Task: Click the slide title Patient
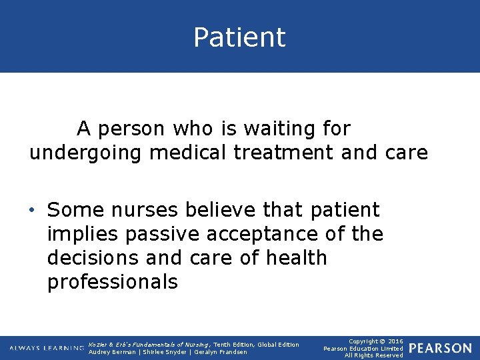pos(239,37)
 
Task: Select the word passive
pos(165,234)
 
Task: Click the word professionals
pos(112,282)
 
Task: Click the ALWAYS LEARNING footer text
pos(46,348)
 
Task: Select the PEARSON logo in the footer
pos(440,348)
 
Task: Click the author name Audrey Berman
pos(112,352)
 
